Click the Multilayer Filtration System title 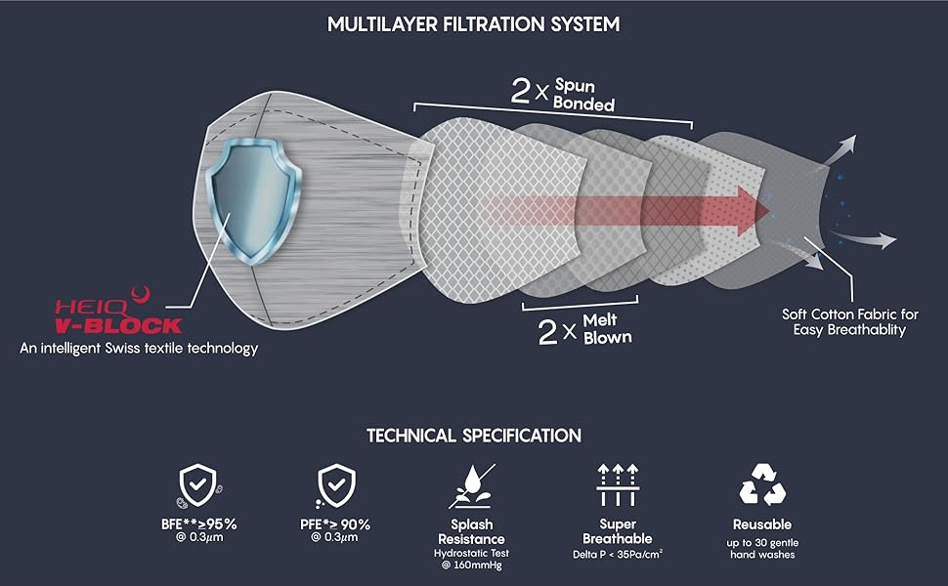[x=473, y=23]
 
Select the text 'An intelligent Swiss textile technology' [x=139, y=348]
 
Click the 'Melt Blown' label [x=607, y=328]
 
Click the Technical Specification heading [x=474, y=436]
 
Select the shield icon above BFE [x=199, y=483]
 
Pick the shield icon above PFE [x=337, y=483]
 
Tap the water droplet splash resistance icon [x=470, y=484]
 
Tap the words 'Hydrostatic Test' [x=470, y=554]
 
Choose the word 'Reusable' [x=762, y=524]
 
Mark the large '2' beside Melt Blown [x=548, y=332]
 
